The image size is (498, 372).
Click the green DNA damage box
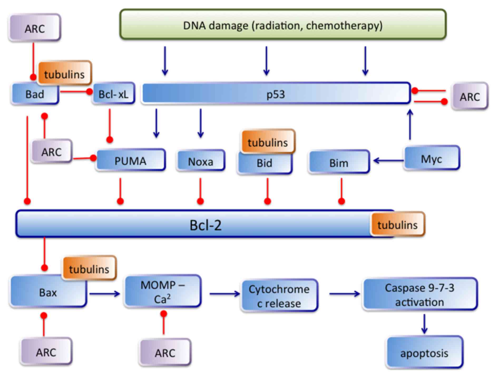coord(283,24)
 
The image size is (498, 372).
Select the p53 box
coord(276,93)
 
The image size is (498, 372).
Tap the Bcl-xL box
coord(114,93)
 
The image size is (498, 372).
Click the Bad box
coord(35,94)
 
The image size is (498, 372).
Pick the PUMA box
coord(131,160)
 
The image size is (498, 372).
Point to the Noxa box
coord(201,161)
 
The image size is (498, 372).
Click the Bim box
coord(339,162)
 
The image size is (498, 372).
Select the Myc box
coord(432,158)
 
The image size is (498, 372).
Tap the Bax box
coord(48,291)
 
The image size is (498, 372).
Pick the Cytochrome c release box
coord(279,295)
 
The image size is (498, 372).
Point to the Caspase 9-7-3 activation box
coord(420,294)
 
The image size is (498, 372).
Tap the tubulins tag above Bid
coord(268,142)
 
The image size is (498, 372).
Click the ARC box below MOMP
coord(165,352)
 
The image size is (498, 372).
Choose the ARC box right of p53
coord(470,96)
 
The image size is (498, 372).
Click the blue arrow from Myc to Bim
coord(389,160)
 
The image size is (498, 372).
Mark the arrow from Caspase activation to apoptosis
coord(424,324)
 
